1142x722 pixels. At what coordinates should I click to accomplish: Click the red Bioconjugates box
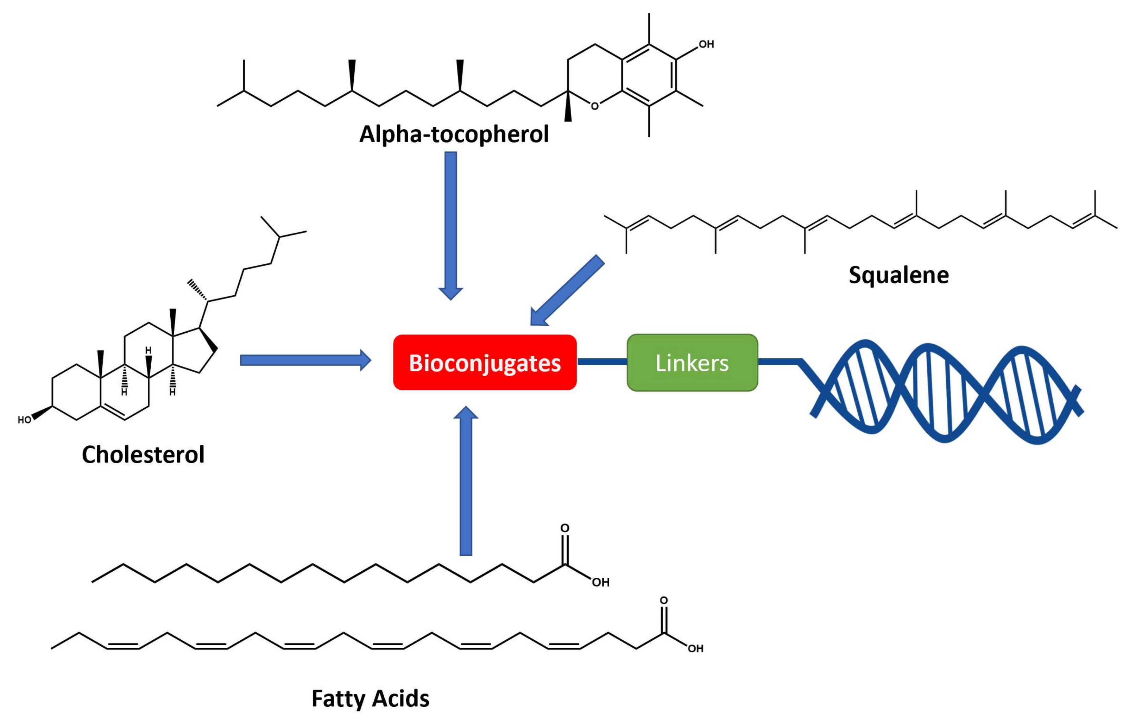pyautogui.click(x=484, y=363)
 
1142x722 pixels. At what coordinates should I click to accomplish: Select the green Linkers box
pyautogui.click(x=692, y=363)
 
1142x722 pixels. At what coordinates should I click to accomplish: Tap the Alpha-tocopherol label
pyautogui.click(x=454, y=134)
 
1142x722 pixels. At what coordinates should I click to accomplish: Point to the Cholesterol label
pyautogui.click(x=143, y=454)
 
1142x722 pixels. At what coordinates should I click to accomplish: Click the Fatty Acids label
pyautogui.click(x=370, y=698)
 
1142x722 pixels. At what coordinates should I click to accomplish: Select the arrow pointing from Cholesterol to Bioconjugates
pyautogui.click(x=303, y=360)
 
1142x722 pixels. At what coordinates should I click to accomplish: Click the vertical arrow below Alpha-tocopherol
pyautogui.click(x=450, y=223)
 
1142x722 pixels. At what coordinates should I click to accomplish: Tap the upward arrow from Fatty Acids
pyautogui.click(x=466, y=484)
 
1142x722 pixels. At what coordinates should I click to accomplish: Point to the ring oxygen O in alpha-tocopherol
pyautogui.click(x=595, y=106)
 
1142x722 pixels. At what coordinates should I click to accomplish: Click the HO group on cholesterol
pyautogui.click(x=24, y=420)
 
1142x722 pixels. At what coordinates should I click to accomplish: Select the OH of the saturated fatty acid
pyautogui.click(x=600, y=583)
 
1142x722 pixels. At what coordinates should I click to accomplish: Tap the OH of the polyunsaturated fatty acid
pyautogui.click(x=695, y=648)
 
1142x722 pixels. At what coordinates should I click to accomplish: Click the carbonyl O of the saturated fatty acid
pyautogui.click(x=564, y=528)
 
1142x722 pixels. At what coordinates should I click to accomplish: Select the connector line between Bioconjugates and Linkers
pyautogui.click(x=601, y=362)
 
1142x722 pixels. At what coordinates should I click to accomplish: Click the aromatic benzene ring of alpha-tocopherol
pyautogui.click(x=649, y=75)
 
